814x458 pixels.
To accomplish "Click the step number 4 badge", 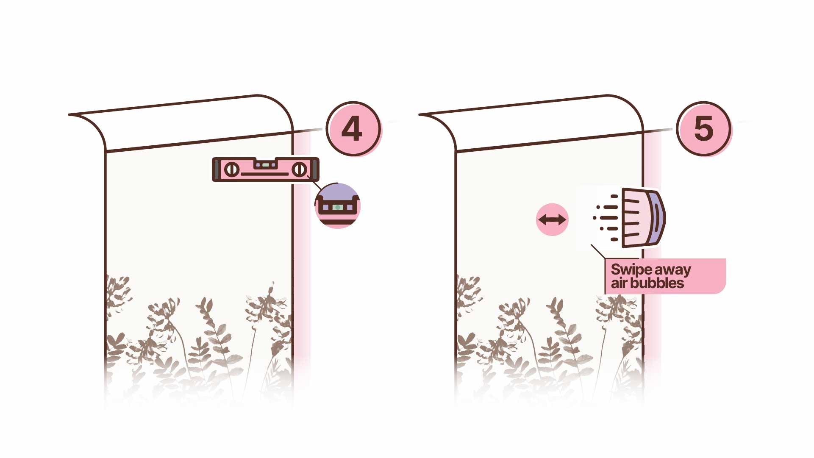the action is (353, 129).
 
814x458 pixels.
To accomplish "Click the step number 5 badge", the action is (703, 129).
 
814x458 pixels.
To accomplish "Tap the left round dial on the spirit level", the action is (231, 170).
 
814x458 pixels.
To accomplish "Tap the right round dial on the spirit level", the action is (300, 170).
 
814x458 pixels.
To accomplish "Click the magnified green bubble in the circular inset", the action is (338, 208).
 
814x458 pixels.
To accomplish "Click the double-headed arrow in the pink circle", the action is (552, 219).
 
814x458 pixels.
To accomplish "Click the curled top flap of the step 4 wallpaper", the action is (182, 123).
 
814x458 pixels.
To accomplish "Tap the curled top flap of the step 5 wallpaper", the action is (532, 123).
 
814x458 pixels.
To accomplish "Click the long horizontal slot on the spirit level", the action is (265, 174).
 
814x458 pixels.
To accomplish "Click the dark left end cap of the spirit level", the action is (217, 170).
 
